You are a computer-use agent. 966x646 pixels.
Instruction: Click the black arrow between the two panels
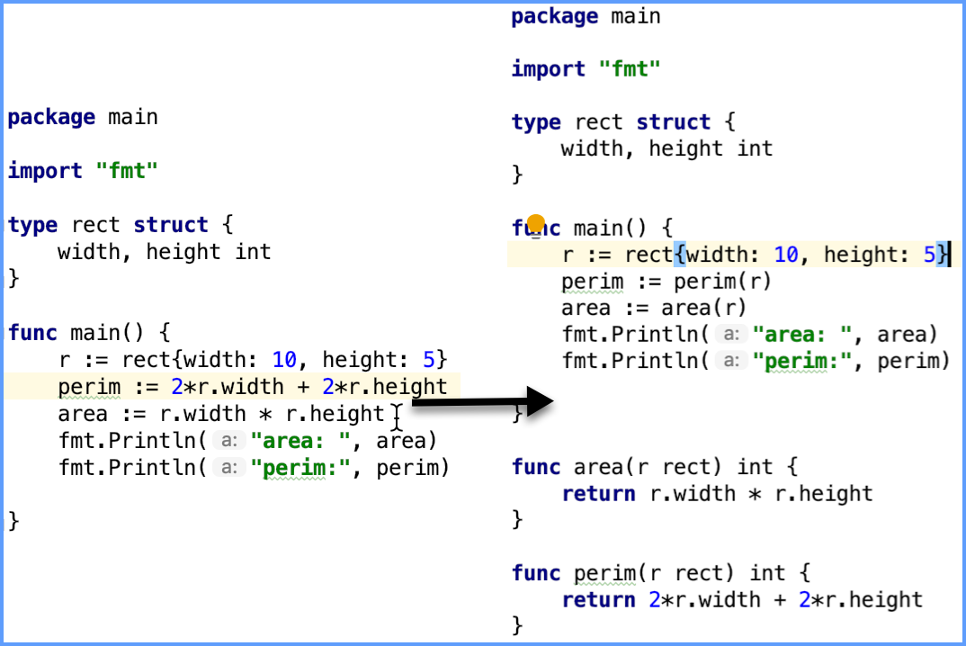486,402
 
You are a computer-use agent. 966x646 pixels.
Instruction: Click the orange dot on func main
536,223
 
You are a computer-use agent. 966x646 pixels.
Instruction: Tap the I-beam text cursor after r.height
397,416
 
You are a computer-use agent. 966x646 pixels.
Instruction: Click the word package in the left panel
51,118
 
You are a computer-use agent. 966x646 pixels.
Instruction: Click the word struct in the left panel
171,225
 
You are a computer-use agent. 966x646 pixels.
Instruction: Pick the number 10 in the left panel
284,361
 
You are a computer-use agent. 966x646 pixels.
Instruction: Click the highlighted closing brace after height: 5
942,255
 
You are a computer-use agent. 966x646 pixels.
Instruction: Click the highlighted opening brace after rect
679,255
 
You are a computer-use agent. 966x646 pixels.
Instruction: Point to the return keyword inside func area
593,494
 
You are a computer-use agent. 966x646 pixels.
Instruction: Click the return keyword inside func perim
593,600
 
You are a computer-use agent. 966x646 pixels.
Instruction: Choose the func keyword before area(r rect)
536,467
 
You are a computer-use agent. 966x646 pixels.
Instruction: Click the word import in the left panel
45,171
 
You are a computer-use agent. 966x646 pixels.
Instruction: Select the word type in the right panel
536,122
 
